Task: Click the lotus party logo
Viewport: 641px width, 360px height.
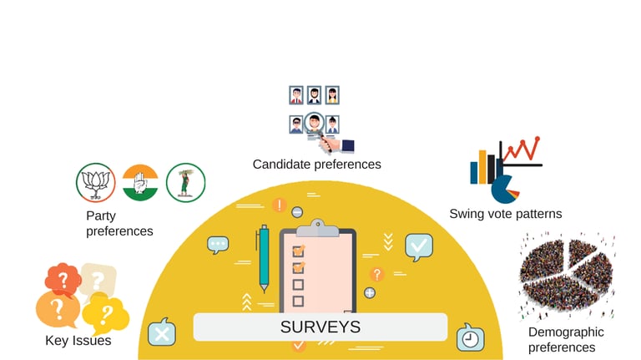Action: click(x=94, y=183)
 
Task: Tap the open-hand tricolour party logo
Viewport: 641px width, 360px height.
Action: click(x=139, y=183)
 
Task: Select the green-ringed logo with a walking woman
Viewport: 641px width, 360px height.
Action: click(x=185, y=183)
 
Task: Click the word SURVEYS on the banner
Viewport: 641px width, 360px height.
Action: click(x=320, y=327)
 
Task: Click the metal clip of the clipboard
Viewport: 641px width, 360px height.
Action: click(x=317, y=228)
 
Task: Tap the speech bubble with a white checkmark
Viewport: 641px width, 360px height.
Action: click(x=418, y=247)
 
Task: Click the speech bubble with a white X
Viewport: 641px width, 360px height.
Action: click(x=161, y=333)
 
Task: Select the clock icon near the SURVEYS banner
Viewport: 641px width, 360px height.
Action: click(x=470, y=338)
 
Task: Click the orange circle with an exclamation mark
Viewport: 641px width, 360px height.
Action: click(x=279, y=205)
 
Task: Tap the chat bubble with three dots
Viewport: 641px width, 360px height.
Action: click(x=218, y=245)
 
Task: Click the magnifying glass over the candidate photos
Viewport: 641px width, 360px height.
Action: click(x=315, y=124)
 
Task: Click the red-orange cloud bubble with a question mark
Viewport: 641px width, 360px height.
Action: click(x=63, y=278)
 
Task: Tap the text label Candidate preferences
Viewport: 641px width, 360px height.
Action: click(x=316, y=165)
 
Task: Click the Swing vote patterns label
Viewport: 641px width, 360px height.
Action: click(x=505, y=214)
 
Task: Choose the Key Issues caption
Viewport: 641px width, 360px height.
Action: click(x=78, y=341)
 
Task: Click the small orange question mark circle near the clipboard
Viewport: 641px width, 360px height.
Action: click(x=376, y=274)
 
